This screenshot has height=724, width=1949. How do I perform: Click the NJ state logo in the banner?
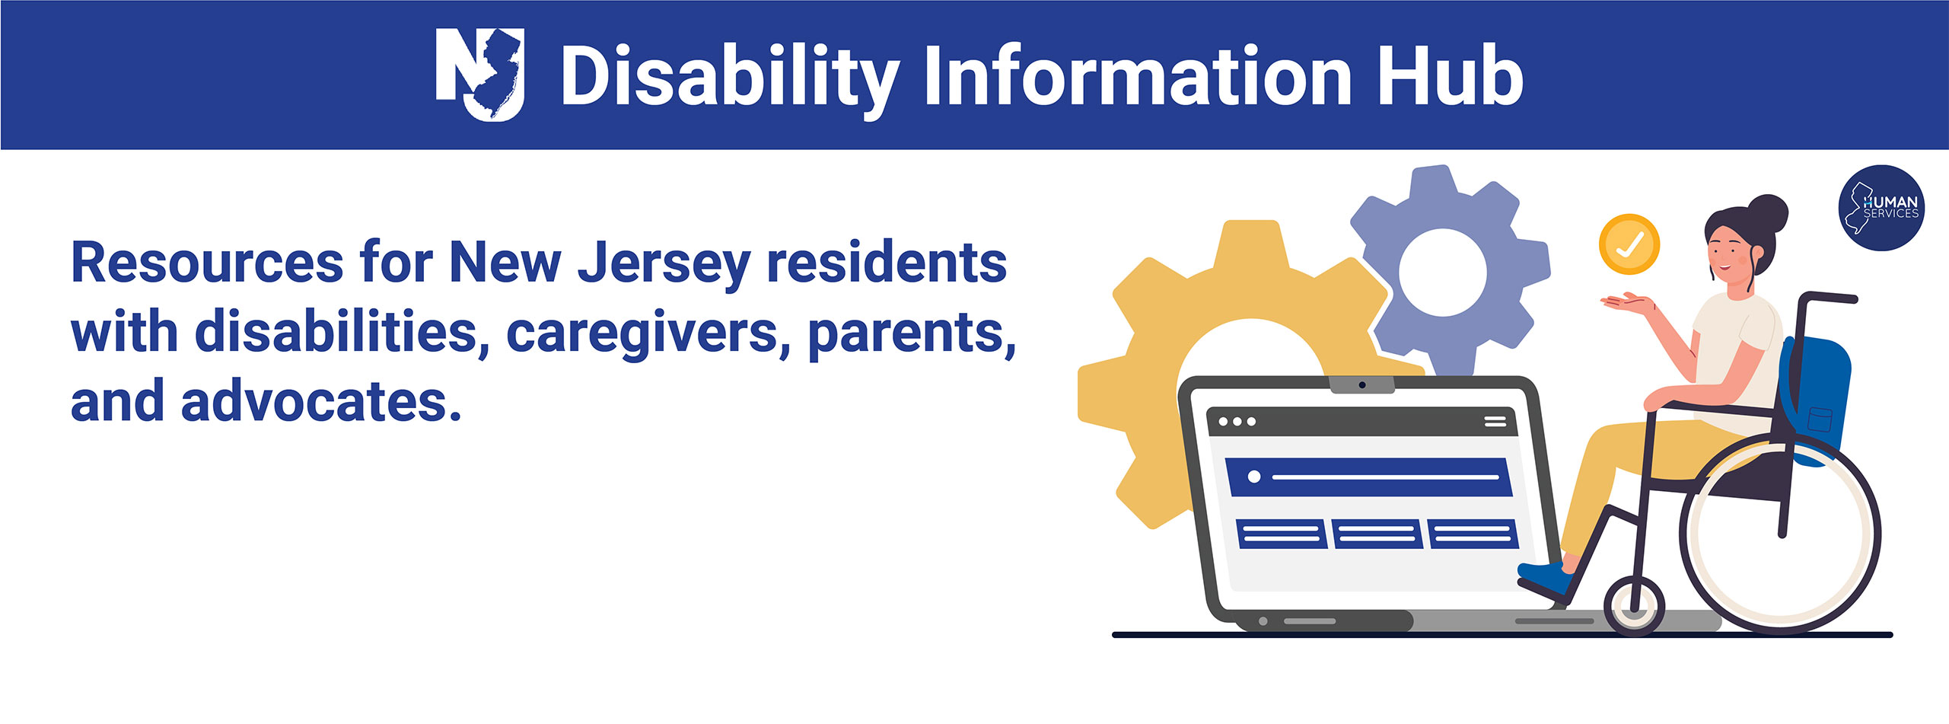[479, 74]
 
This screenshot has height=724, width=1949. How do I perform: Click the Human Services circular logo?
[1881, 207]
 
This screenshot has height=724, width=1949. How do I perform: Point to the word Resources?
[207, 263]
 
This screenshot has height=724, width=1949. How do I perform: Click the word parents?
[910, 333]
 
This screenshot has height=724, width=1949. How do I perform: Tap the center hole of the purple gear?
[1442, 273]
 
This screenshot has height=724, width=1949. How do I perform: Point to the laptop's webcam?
[1361, 385]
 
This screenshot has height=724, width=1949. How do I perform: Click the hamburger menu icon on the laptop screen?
[1495, 421]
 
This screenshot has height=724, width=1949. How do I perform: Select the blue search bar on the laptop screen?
[1367, 477]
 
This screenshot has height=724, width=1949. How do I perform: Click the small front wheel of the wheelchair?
[1634, 606]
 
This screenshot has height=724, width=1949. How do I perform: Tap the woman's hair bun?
[1767, 213]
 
